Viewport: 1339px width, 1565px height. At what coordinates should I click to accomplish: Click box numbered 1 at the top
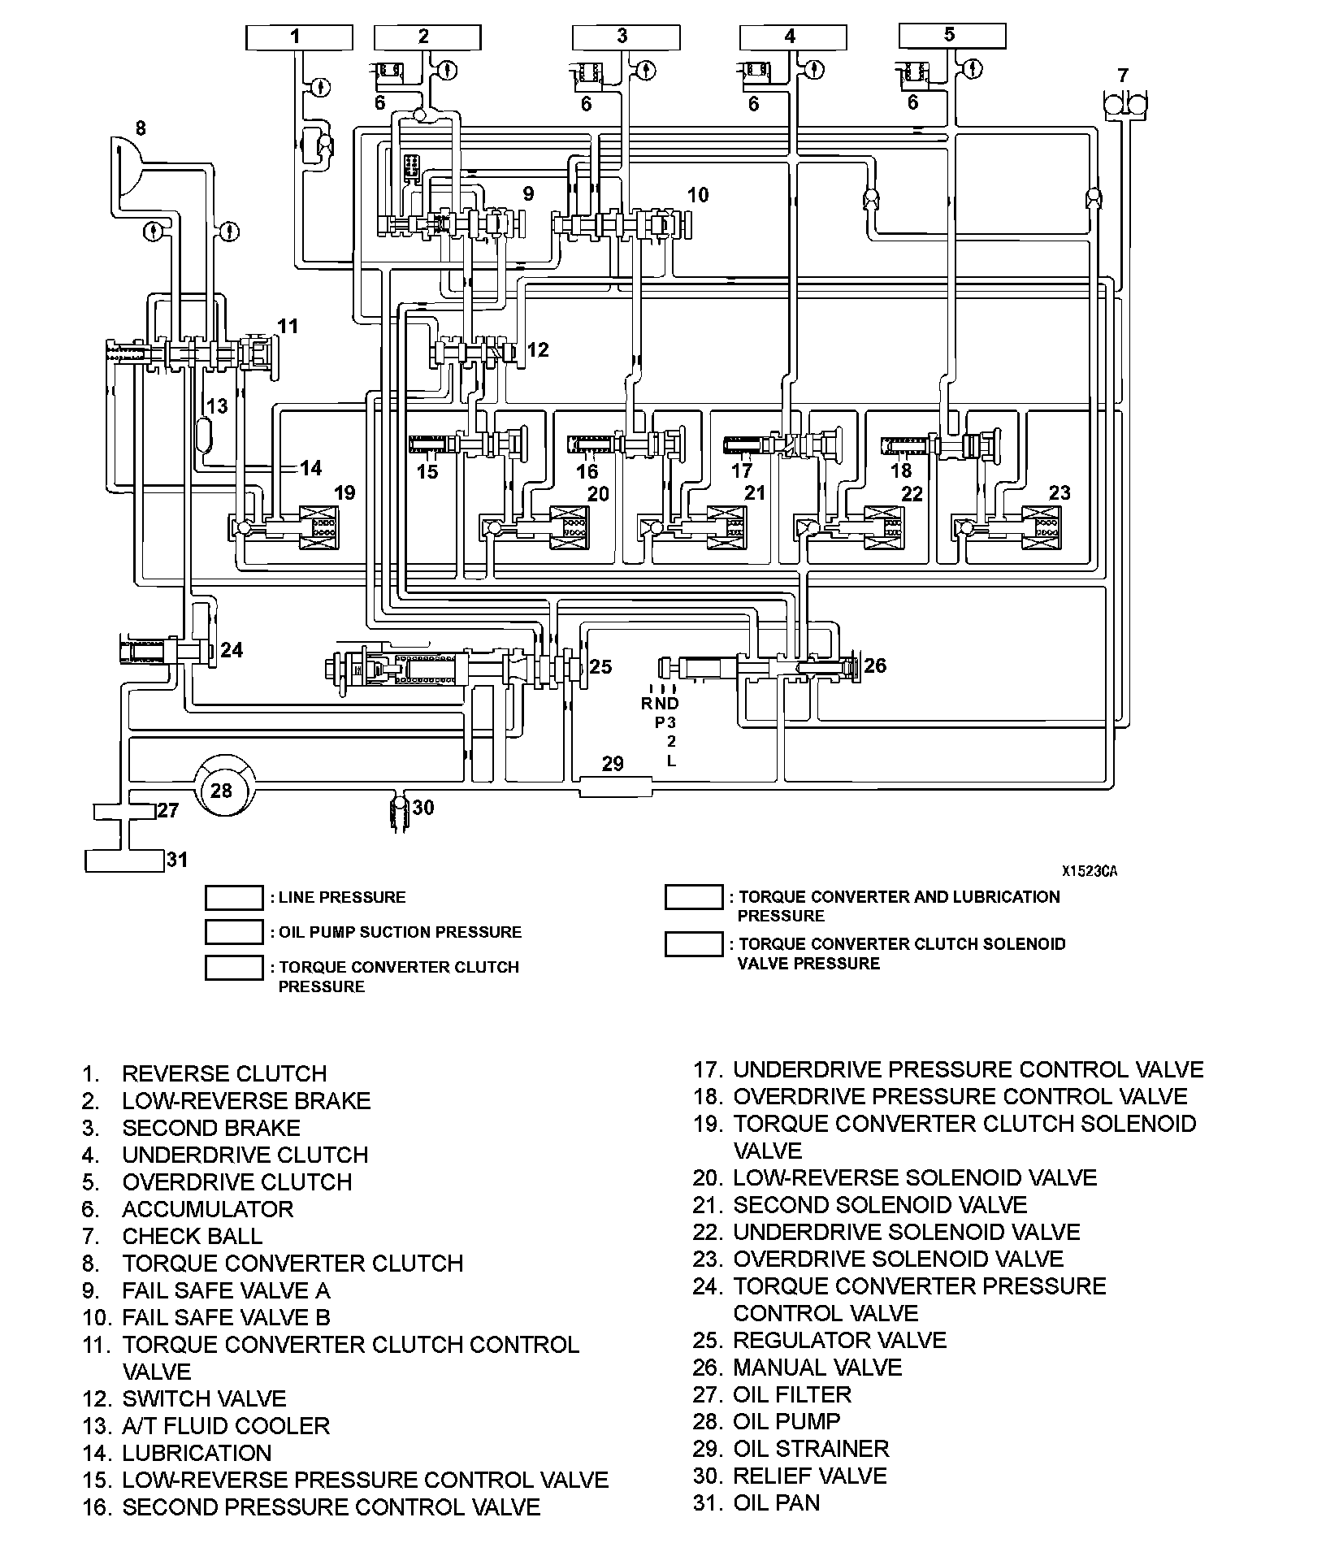pos(299,37)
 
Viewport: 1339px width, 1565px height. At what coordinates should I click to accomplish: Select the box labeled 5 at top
pos(952,35)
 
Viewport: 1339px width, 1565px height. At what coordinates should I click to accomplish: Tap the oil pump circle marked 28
pos(221,789)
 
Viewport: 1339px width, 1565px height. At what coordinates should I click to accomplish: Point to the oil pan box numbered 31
pos(124,860)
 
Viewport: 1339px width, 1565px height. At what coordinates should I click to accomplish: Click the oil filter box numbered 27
pos(124,811)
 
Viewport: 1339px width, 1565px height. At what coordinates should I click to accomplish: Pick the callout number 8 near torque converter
pos(141,128)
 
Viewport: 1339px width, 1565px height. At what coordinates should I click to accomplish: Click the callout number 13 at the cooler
pos(216,406)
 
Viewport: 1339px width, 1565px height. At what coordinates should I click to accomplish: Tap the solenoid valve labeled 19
pos(319,527)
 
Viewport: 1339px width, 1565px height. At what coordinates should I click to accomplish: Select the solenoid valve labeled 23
pos(1039,527)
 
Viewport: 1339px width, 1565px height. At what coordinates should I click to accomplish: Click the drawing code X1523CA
pos(1090,871)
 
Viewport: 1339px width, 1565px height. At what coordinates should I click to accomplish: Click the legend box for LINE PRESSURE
pos(234,898)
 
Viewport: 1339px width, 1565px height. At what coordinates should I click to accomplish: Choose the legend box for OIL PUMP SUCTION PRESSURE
pos(234,932)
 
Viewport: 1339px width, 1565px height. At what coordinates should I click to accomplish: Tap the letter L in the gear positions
pos(671,761)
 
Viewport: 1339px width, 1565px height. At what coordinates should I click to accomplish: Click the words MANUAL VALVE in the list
pos(817,1368)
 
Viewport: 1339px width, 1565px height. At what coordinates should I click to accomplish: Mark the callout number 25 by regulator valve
pos(600,667)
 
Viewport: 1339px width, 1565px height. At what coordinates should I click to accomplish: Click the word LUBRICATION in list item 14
pos(197,1453)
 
